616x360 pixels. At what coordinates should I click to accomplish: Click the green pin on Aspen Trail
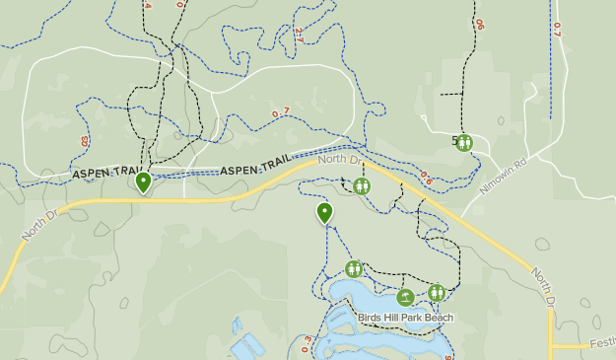[144, 181]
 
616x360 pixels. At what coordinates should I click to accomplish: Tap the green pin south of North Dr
[324, 212]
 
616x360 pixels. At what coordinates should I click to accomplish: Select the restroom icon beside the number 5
[464, 143]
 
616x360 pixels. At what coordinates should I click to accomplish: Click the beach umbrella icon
[405, 297]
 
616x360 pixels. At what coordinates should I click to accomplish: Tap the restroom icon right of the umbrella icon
[437, 292]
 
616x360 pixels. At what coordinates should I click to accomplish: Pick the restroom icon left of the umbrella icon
[354, 268]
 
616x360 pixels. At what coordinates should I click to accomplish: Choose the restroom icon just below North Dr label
[362, 185]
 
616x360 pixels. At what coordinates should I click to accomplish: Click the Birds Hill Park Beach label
[406, 318]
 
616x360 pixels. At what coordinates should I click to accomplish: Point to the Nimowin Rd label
[503, 174]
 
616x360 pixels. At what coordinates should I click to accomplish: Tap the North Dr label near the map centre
[340, 159]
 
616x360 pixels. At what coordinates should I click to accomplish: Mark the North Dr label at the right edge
[544, 286]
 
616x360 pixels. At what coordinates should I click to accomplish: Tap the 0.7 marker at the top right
[556, 30]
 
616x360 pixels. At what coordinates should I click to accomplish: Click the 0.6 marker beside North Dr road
[426, 178]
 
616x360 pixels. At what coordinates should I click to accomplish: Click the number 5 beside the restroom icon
[454, 142]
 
